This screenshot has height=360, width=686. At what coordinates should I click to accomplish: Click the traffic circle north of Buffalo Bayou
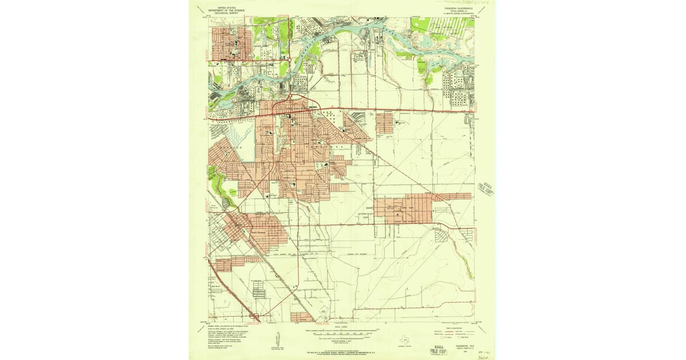[289, 58]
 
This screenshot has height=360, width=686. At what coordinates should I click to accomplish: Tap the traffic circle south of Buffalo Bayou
[290, 96]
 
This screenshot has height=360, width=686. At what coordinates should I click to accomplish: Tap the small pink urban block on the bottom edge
[301, 316]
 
